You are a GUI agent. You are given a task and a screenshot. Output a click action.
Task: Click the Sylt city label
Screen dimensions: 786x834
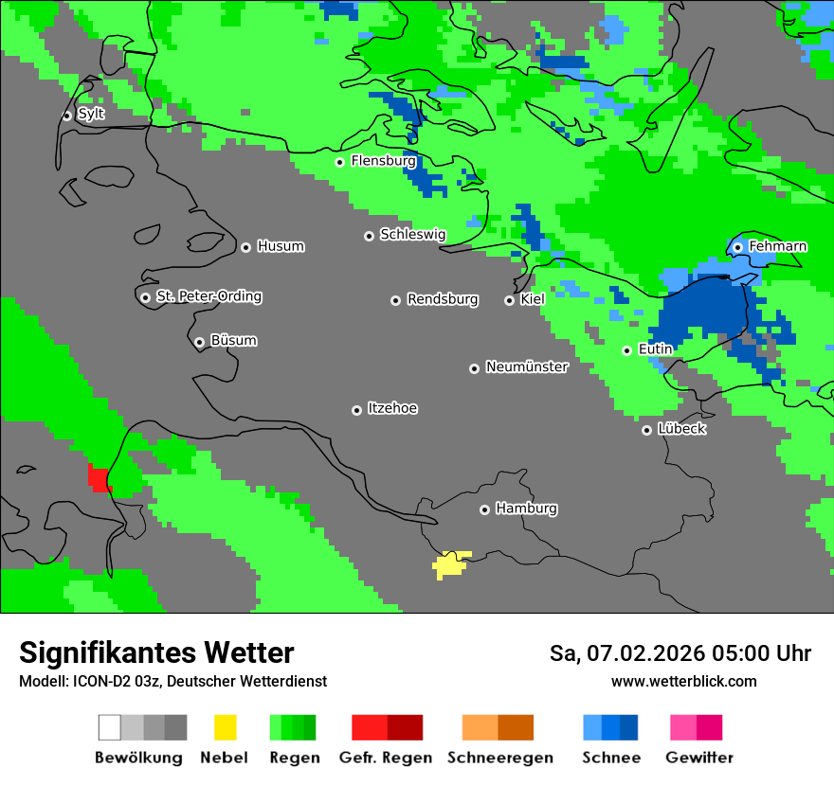click(x=91, y=114)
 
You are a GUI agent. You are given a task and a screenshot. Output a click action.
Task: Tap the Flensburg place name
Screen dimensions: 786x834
click(x=383, y=161)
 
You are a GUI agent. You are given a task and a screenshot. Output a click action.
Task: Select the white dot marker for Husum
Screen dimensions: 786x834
click(x=245, y=247)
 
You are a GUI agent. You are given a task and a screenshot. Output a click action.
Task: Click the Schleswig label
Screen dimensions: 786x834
click(x=412, y=235)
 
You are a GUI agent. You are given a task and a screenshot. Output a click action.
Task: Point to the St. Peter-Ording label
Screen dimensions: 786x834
click(x=208, y=296)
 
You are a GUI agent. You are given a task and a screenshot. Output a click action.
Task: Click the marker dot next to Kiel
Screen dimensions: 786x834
click(x=509, y=300)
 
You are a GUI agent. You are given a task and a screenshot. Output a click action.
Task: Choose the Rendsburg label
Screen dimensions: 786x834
click(x=443, y=299)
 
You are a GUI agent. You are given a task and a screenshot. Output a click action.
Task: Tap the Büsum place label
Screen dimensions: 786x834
click(x=233, y=341)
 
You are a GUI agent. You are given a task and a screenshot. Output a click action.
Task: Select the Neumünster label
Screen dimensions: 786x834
click(x=527, y=367)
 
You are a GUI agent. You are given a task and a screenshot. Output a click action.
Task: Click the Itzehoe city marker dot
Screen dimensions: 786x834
click(x=356, y=410)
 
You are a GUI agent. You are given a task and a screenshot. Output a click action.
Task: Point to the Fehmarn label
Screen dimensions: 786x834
click(x=777, y=246)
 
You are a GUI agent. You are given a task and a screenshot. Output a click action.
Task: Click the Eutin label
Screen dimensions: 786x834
click(x=655, y=349)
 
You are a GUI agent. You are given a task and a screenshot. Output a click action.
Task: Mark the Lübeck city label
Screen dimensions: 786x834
click(x=681, y=429)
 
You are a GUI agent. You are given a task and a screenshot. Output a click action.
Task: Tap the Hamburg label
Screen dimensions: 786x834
click(x=526, y=509)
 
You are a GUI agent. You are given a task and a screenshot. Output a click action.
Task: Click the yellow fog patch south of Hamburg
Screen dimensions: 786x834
click(x=450, y=565)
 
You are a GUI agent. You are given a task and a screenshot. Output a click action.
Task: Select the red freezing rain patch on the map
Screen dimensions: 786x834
click(x=100, y=476)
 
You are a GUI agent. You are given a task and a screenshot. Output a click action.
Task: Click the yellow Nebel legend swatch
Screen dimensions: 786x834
click(x=225, y=727)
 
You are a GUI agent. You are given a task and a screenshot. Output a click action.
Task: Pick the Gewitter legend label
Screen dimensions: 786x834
click(x=698, y=758)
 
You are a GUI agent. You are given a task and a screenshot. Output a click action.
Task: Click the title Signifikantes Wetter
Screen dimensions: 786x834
click(x=156, y=652)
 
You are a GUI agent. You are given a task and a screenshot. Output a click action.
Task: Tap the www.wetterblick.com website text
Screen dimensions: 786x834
click(x=683, y=681)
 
